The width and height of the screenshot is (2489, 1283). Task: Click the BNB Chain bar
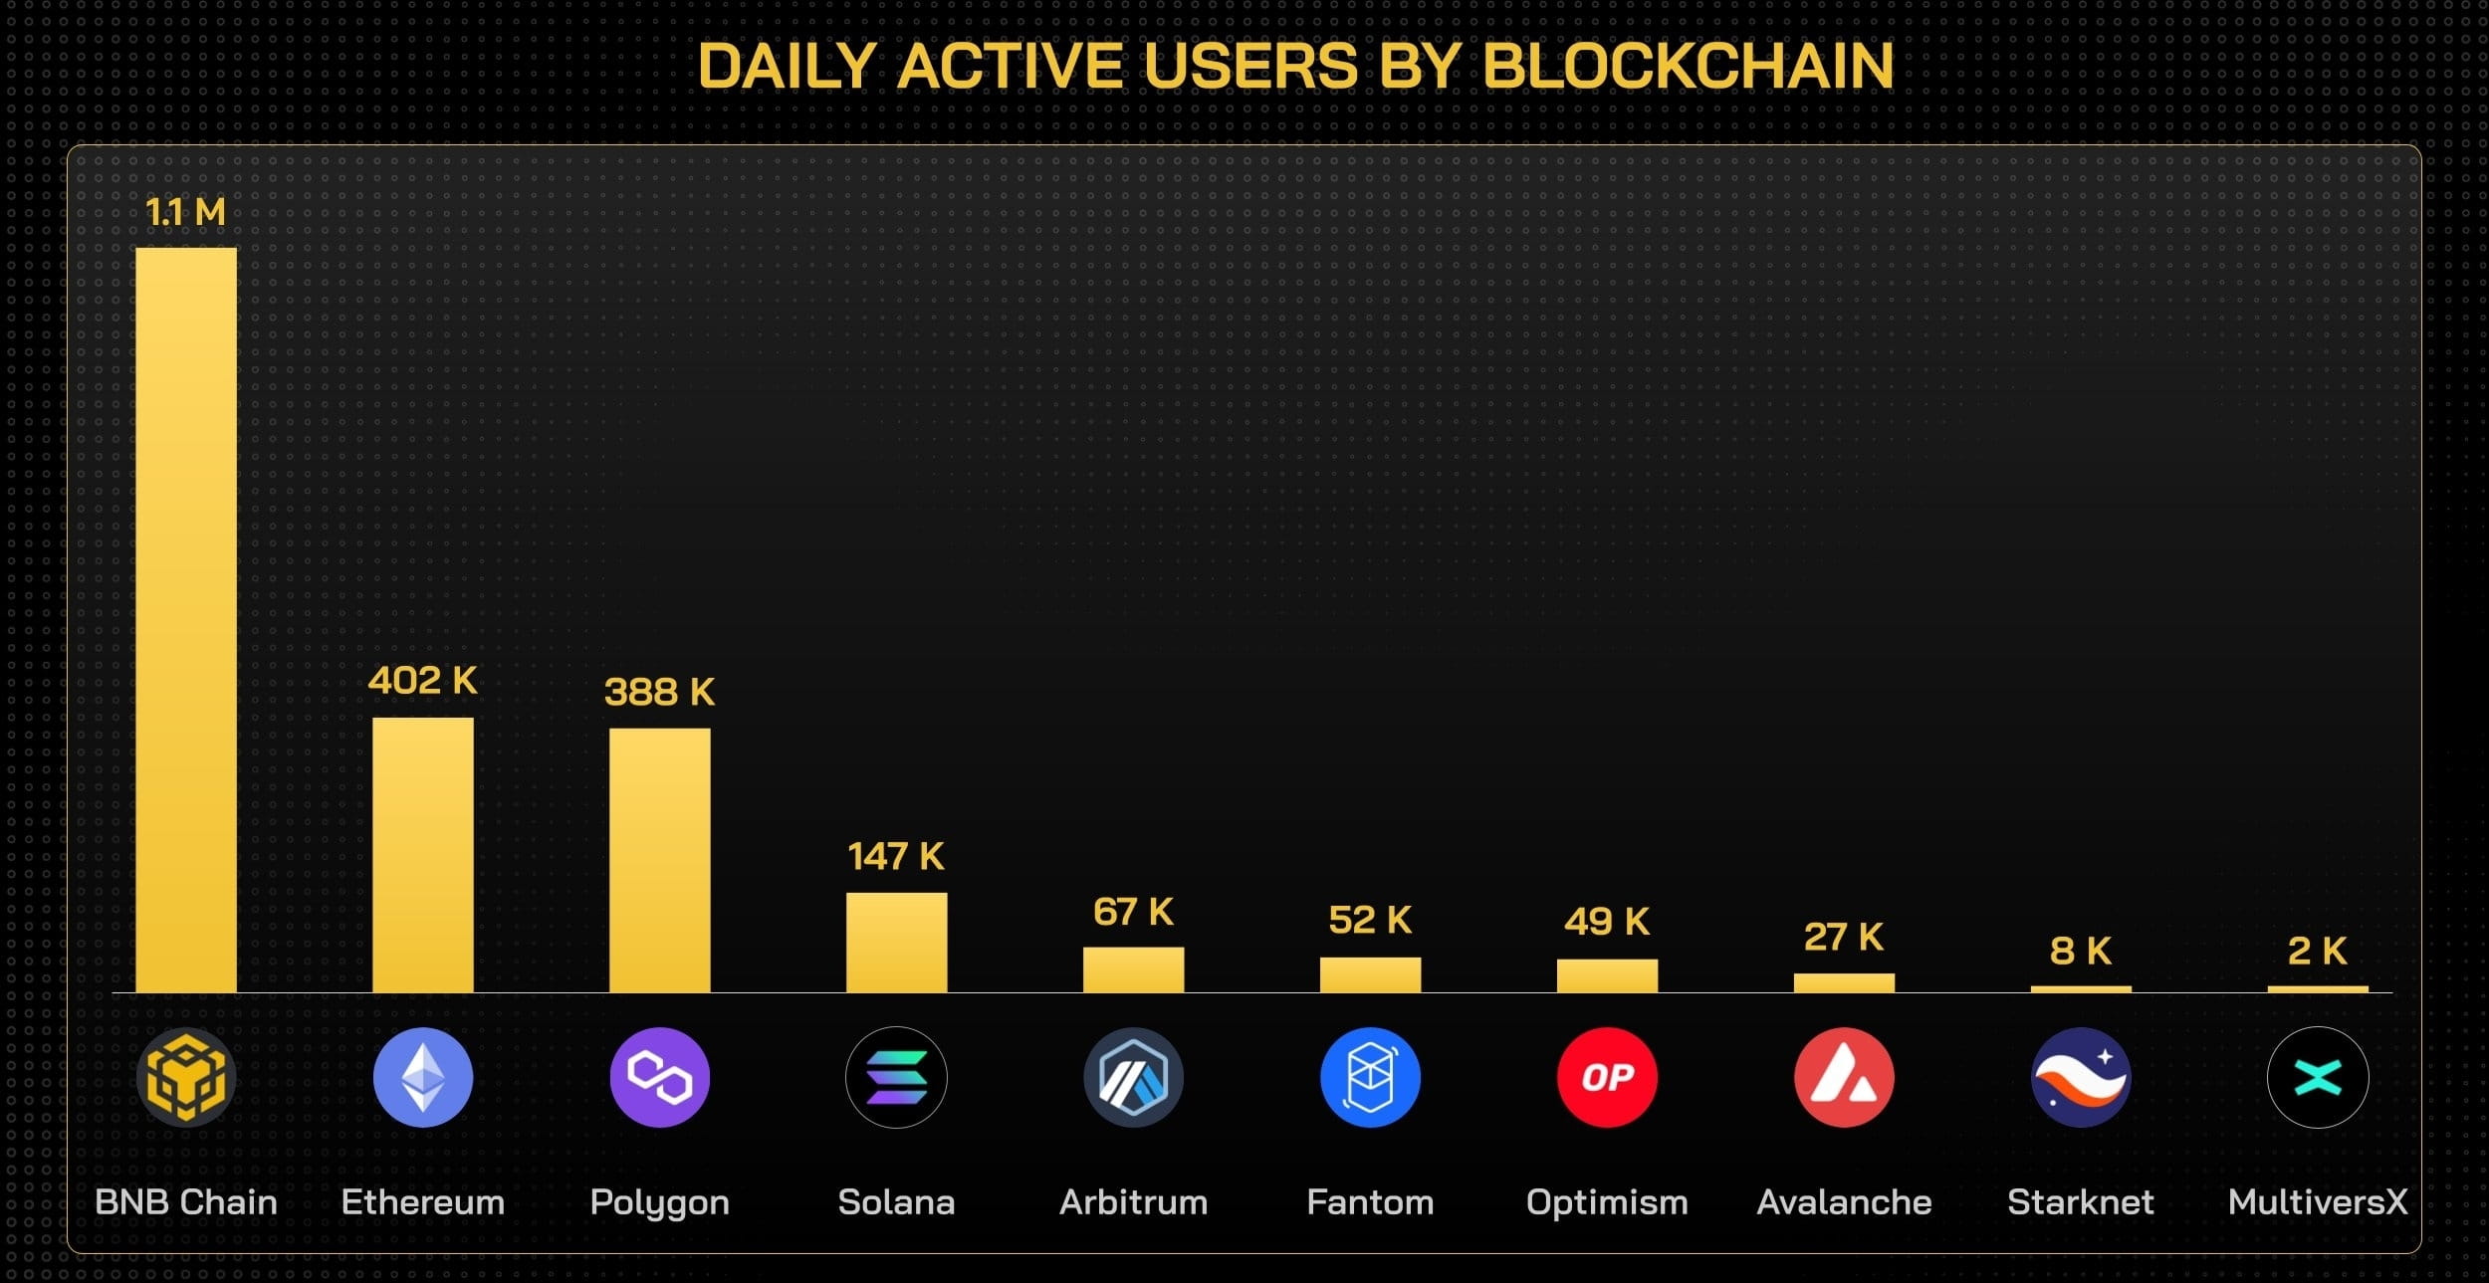tap(186, 619)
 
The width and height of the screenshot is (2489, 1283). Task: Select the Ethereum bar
tap(423, 854)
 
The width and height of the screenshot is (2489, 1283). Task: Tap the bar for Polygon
tap(660, 860)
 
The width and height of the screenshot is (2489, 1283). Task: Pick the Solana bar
tap(896, 942)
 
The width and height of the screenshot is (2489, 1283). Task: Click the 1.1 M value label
tap(186, 212)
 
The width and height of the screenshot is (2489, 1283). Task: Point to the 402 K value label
tap(423, 681)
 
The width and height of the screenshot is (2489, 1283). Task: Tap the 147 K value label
tap(896, 857)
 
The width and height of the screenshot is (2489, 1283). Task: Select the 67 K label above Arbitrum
tap(1133, 912)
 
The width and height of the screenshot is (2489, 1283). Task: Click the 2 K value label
tap(2317, 951)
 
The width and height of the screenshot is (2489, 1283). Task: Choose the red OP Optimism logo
tap(1607, 1077)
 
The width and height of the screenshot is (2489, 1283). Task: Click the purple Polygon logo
tap(660, 1077)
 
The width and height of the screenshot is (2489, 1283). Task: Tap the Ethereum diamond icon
tap(423, 1077)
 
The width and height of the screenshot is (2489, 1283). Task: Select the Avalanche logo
tap(1844, 1077)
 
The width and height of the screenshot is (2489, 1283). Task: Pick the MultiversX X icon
tap(2317, 1077)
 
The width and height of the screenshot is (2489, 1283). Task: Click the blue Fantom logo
tap(1370, 1077)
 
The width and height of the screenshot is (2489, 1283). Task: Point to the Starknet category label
tap(2080, 1202)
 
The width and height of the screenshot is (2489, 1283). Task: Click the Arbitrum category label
tap(1133, 1202)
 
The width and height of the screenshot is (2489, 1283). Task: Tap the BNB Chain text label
tap(186, 1202)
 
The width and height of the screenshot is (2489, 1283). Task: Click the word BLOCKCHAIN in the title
tap(1688, 67)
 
